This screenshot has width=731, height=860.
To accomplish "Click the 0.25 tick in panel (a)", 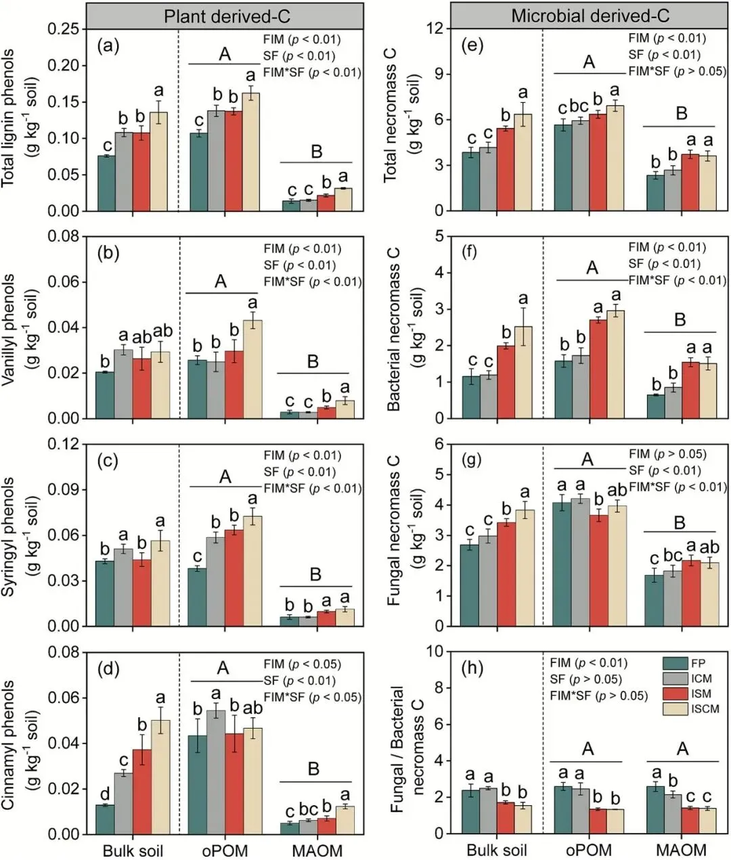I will click(68, 29).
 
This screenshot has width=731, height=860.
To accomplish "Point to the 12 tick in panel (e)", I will click(439, 29).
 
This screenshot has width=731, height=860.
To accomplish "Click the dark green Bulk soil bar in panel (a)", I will click(106, 183).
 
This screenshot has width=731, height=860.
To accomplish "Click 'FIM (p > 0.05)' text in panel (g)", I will click(667, 454).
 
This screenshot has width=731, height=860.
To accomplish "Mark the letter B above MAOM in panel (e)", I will click(682, 112).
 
